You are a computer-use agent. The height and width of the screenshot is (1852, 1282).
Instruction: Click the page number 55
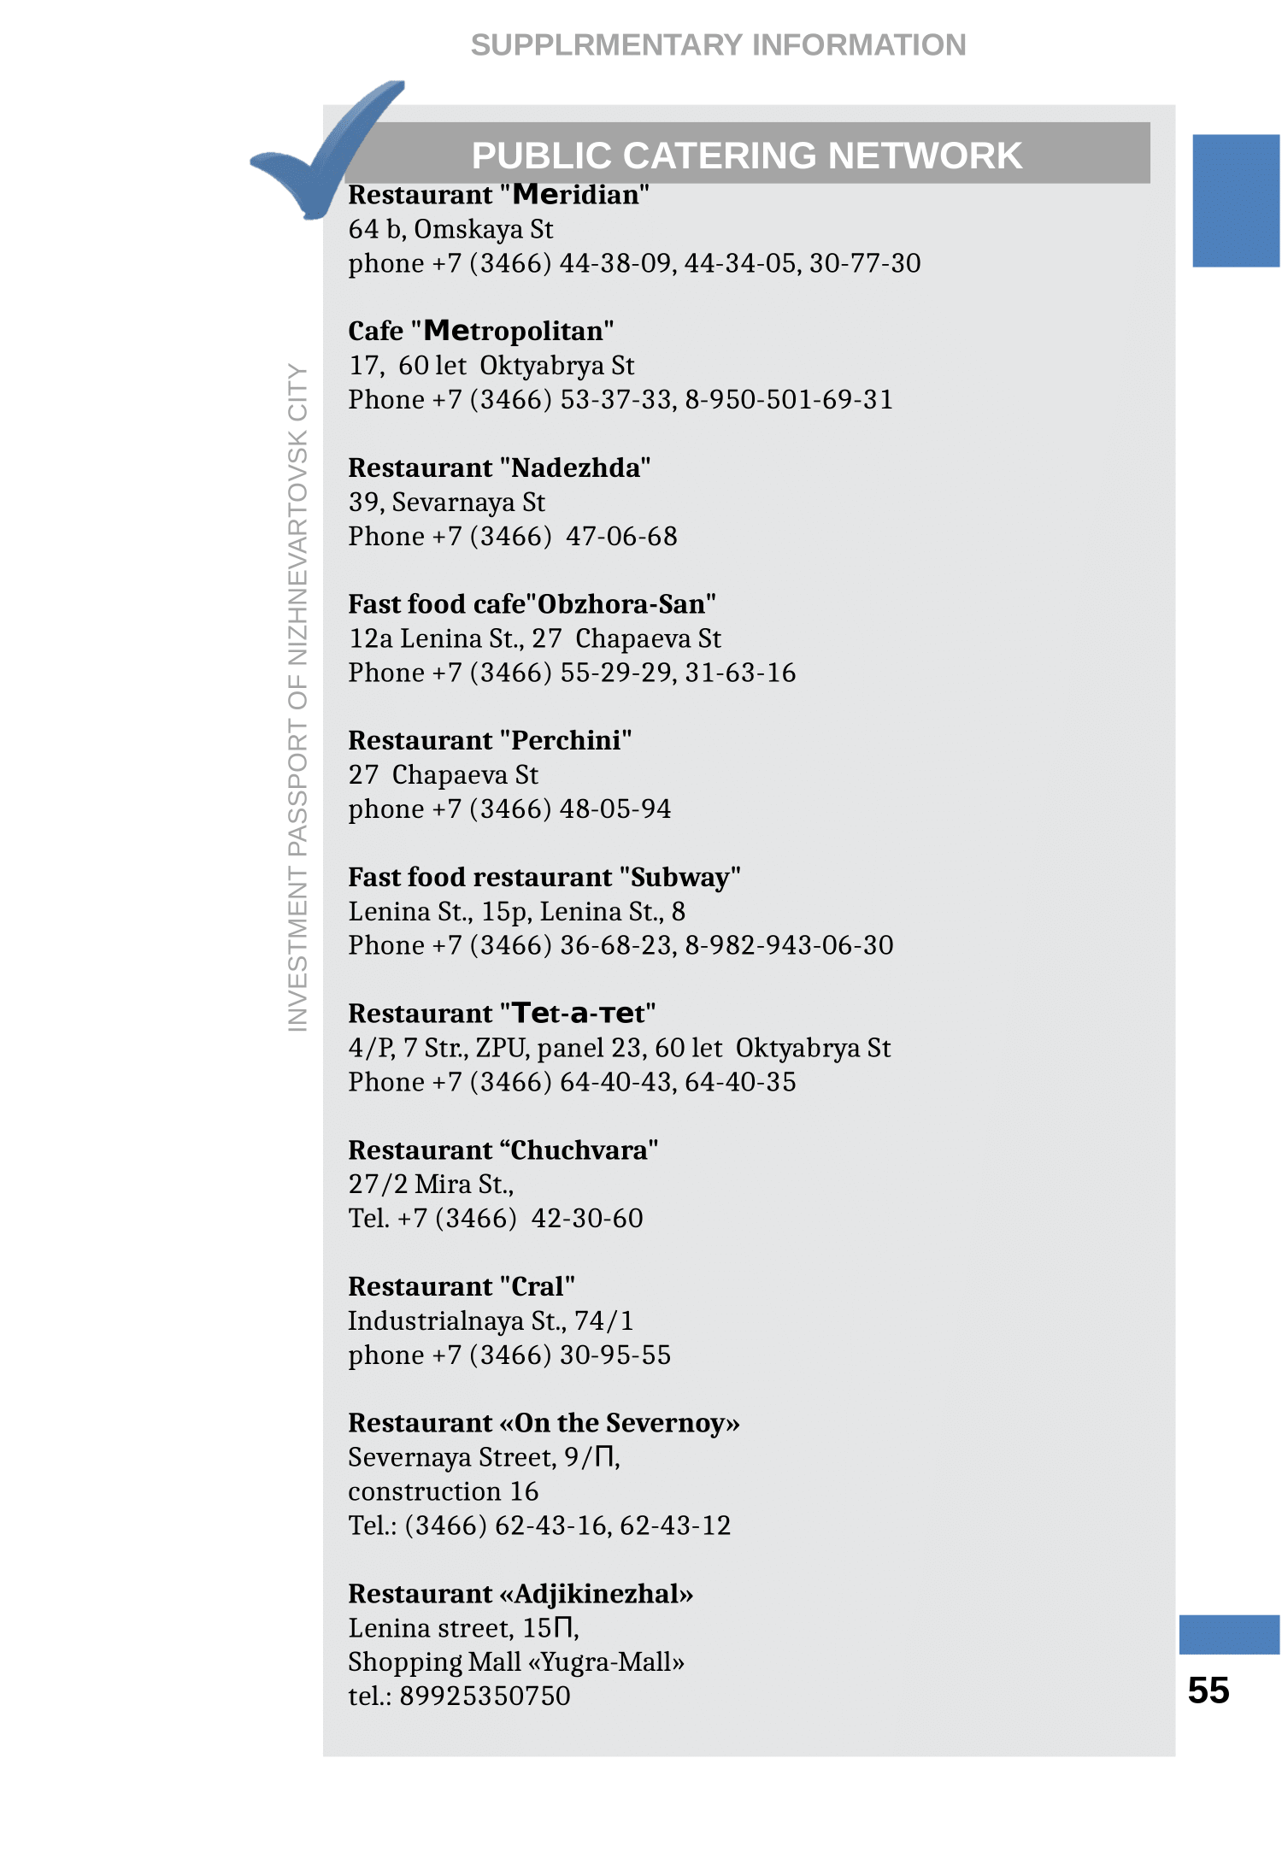1208,1690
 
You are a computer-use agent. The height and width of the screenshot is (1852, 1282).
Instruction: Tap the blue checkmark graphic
325,154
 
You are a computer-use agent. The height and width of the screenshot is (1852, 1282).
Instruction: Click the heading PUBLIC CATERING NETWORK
746,156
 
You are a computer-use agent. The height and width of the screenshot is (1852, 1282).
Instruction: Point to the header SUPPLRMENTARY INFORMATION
718,44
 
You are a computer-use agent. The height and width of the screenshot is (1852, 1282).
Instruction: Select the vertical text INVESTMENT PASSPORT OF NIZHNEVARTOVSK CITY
297,697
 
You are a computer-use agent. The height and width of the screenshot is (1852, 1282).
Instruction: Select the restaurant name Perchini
566,740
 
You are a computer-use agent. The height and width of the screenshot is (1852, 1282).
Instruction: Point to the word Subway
680,877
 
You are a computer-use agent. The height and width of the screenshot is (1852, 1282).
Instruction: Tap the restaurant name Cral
538,1286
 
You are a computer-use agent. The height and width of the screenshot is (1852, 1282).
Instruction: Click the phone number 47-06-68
621,536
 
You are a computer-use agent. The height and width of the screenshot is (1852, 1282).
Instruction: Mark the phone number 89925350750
485,1696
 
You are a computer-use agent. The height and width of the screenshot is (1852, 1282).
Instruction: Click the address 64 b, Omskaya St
450,229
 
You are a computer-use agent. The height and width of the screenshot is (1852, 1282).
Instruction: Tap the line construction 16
443,1491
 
